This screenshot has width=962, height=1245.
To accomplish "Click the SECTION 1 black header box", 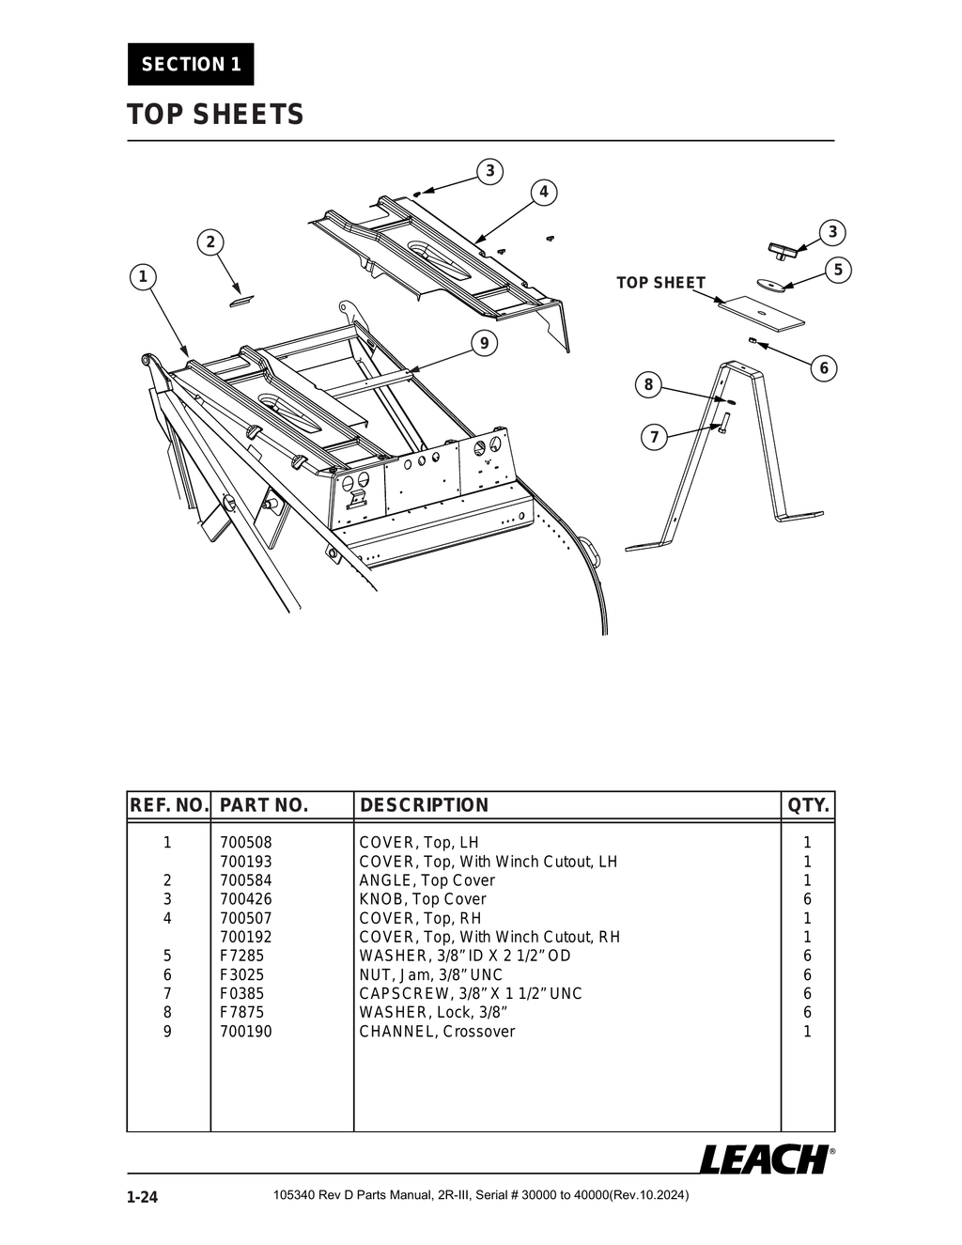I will tap(191, 64).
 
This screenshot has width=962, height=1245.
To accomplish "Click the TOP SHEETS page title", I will tap(215, 115).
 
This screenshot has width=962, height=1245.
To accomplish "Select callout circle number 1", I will tap(143, 276).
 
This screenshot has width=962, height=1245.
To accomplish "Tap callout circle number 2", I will tap(210, 241).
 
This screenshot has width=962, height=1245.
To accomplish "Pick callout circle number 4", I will tap(543, 193).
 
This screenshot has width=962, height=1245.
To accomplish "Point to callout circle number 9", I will tap(484, 343).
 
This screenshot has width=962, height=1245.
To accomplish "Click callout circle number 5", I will tap(838, 271).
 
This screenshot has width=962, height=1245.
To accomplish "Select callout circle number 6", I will tap(824, 367).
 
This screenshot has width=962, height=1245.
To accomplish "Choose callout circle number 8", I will tap(648, 384).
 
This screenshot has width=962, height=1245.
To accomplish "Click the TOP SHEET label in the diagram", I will tap(660, 283).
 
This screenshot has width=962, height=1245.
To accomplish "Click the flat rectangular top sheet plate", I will tap(762, 312).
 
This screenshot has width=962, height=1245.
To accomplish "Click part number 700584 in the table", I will tap(245, 880).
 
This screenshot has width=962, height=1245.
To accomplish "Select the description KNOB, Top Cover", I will tap(422, 899).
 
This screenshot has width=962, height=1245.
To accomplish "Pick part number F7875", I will tap(241, 1012).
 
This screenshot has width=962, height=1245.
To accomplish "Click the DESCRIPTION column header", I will tap(424, 805).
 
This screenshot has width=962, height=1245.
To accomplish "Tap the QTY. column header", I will tap(808, 805).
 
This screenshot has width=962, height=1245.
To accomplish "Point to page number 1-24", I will tap(143, 1197).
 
